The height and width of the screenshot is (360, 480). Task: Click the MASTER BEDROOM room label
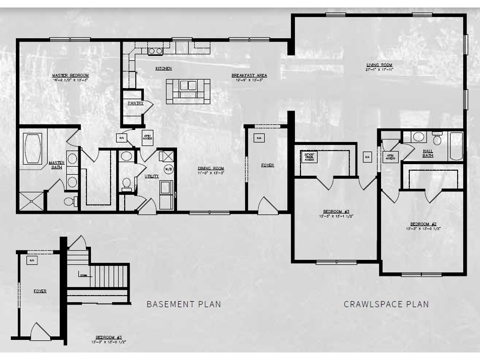coord(70,75)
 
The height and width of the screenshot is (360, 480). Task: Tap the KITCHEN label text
coord(164,68)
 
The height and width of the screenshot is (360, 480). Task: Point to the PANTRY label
coord(135,103)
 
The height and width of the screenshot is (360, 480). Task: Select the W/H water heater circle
coord(167,169)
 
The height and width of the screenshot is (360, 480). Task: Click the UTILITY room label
coord(152,176)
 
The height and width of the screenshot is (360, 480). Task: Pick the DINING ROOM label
coord(210,168)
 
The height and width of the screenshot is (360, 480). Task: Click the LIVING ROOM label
coord(379,65)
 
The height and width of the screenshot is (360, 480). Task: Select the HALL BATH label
coord(427,153)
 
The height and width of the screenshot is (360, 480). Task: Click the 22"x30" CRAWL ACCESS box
coord(309,157)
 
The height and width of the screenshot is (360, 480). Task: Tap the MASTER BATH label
coord(56,165)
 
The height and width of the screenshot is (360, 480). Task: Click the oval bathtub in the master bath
coord(33,149)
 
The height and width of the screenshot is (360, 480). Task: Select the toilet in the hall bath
coord(438,139)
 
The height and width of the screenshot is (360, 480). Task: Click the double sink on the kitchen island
coord(188,86)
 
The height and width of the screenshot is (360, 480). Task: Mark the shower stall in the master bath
coord(31,202)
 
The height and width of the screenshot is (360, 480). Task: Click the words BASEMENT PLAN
coord(184,304)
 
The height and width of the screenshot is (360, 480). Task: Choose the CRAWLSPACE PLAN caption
coord(386,304)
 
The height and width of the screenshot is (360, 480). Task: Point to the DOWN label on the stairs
coord(83,275)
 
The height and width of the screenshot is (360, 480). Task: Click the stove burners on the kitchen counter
coord(155,51)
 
